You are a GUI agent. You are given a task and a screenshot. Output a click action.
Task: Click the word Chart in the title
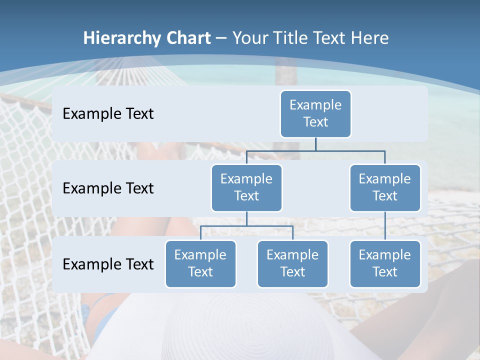tap(186, 38)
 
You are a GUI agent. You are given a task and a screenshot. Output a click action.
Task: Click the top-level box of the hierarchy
tap(315, 113)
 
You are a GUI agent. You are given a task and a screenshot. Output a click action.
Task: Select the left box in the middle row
tap(246, 187)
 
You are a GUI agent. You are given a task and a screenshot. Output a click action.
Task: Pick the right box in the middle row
tap(385, 187)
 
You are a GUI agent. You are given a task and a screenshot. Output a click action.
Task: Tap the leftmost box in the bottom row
tap(200, 263)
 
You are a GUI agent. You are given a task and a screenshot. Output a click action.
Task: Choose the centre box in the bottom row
tap(292, 263)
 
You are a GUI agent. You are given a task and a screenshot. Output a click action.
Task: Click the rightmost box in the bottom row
tap(385, 263)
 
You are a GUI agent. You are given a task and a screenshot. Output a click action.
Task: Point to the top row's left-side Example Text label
tap(108, 113)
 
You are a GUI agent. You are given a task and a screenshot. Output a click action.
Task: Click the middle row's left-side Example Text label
tap(108, 188)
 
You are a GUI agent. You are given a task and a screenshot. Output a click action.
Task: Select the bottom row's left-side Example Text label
tap(108, 264)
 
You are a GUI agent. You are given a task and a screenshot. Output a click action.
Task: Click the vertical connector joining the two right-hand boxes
tap(385, 226)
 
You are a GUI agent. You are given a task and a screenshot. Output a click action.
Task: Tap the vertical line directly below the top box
tap(315, 144)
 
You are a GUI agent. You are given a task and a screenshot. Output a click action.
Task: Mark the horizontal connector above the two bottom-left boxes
tap(246, 226)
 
